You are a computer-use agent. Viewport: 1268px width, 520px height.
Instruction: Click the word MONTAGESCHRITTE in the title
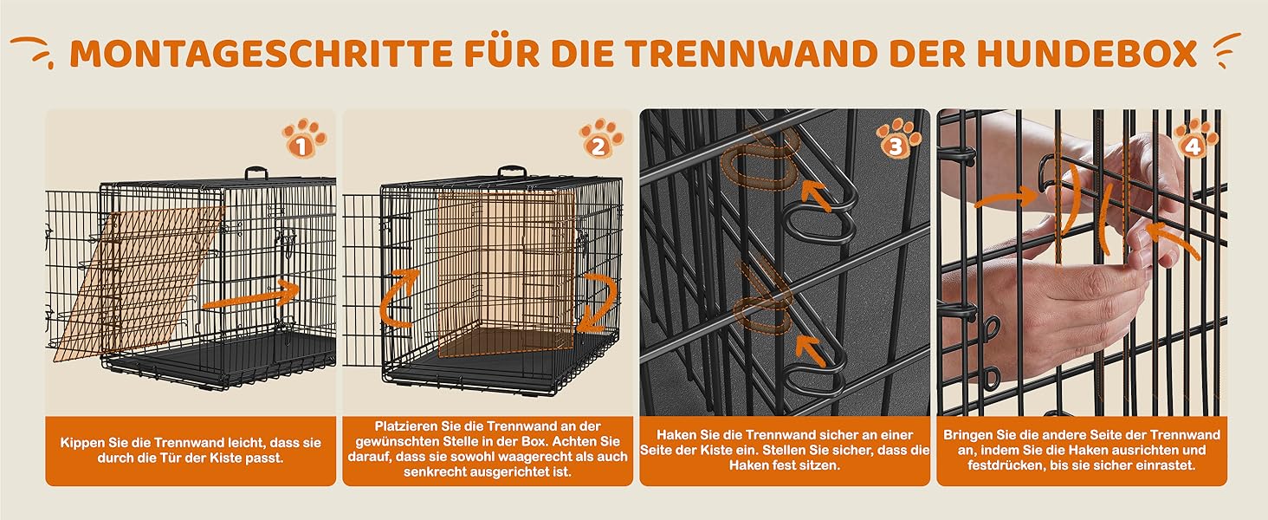(x=261, y=53)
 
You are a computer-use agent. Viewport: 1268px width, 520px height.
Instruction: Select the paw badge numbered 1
(x=304, y=138)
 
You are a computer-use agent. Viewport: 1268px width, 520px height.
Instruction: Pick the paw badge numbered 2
(x=600, y=138)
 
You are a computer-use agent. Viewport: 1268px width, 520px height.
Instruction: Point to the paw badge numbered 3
(x=898, y=138)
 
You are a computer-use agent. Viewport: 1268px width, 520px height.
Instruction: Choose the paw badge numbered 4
(x=1195, y=138)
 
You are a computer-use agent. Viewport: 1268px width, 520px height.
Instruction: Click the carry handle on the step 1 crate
(x=256, y=172)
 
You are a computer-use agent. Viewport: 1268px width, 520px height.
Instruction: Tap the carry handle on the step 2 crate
(x=512, y=171)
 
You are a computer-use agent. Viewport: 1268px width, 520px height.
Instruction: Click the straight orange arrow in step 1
(x=251, y=296)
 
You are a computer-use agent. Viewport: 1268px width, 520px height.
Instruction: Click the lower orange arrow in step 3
(x=812, y=351)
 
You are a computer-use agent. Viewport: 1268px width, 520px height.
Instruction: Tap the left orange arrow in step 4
(x=1006, y=198)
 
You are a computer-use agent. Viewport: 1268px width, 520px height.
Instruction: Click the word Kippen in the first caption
(x=81, y=443)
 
